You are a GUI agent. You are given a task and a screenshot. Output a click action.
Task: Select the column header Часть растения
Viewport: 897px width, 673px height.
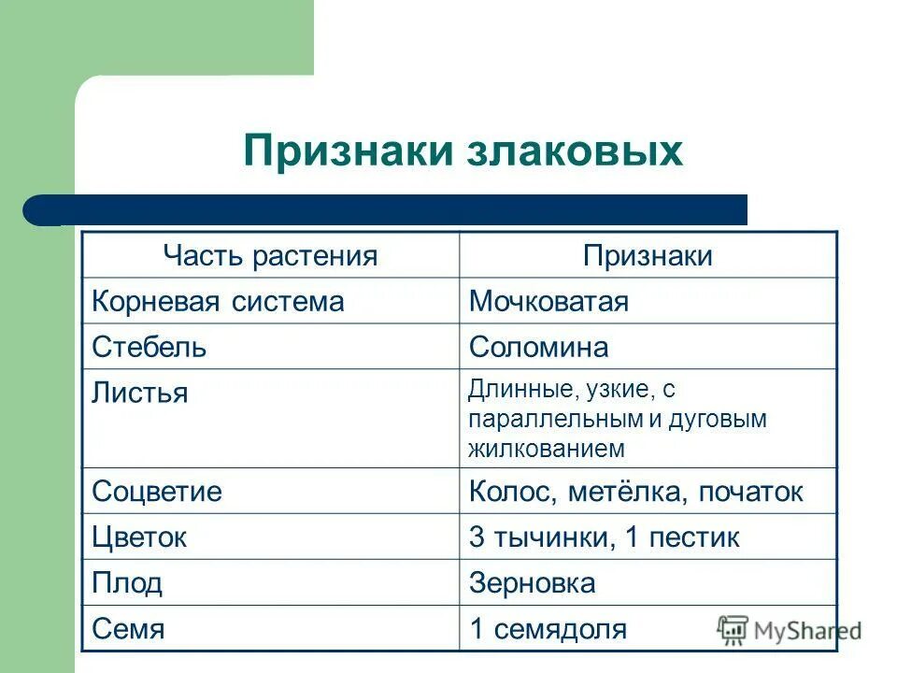pos(270,256)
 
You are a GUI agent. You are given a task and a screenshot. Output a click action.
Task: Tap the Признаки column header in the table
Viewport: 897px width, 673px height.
pos(648,256)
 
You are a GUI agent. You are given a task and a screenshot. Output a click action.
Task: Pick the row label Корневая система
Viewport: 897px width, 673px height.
pos(218,302)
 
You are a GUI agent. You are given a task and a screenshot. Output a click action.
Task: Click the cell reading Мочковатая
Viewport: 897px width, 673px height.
pos(548,302)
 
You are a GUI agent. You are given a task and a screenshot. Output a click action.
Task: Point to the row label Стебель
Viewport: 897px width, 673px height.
pos(149,348)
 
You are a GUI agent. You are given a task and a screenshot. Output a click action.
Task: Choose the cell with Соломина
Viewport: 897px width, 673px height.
pos(538,348)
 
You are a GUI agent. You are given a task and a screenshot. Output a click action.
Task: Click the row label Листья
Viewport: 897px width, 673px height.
pos(139,393)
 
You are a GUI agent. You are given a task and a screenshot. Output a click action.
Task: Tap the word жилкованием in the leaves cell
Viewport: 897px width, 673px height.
pos(547,449)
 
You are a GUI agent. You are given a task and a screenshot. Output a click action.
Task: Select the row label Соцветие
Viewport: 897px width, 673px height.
pos(157,492)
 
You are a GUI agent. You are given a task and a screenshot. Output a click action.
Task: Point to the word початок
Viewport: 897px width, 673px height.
pos(750,492)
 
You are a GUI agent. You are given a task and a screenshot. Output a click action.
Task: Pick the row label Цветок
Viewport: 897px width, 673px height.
pos(139,537)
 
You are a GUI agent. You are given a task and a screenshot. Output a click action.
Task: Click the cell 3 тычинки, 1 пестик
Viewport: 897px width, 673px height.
pos(604,537)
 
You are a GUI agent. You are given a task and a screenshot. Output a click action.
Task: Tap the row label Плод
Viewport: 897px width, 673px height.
pos(127,583)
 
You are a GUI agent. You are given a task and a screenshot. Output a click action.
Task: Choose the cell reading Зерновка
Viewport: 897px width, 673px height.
pos(532,583)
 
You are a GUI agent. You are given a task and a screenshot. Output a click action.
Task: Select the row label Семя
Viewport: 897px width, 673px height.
pos(128,629)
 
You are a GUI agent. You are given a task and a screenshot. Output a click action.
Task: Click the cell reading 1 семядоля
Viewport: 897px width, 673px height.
pos(548,629)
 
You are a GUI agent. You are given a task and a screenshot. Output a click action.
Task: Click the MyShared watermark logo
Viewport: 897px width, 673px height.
pos(790,631)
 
